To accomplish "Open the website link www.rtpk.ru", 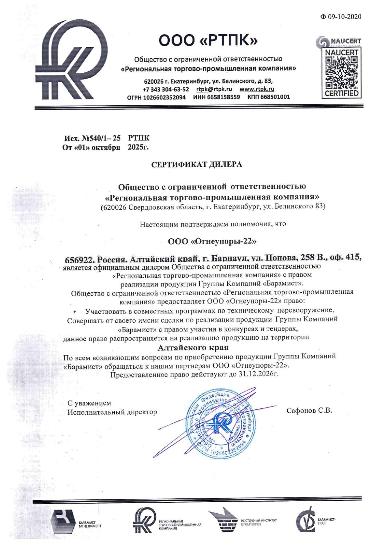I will [x=257, y=89].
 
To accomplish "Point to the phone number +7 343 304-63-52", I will [x=166, y=89].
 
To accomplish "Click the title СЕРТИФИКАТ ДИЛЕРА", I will [x=197, y=165].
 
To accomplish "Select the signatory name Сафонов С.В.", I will [x=309, y=411].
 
